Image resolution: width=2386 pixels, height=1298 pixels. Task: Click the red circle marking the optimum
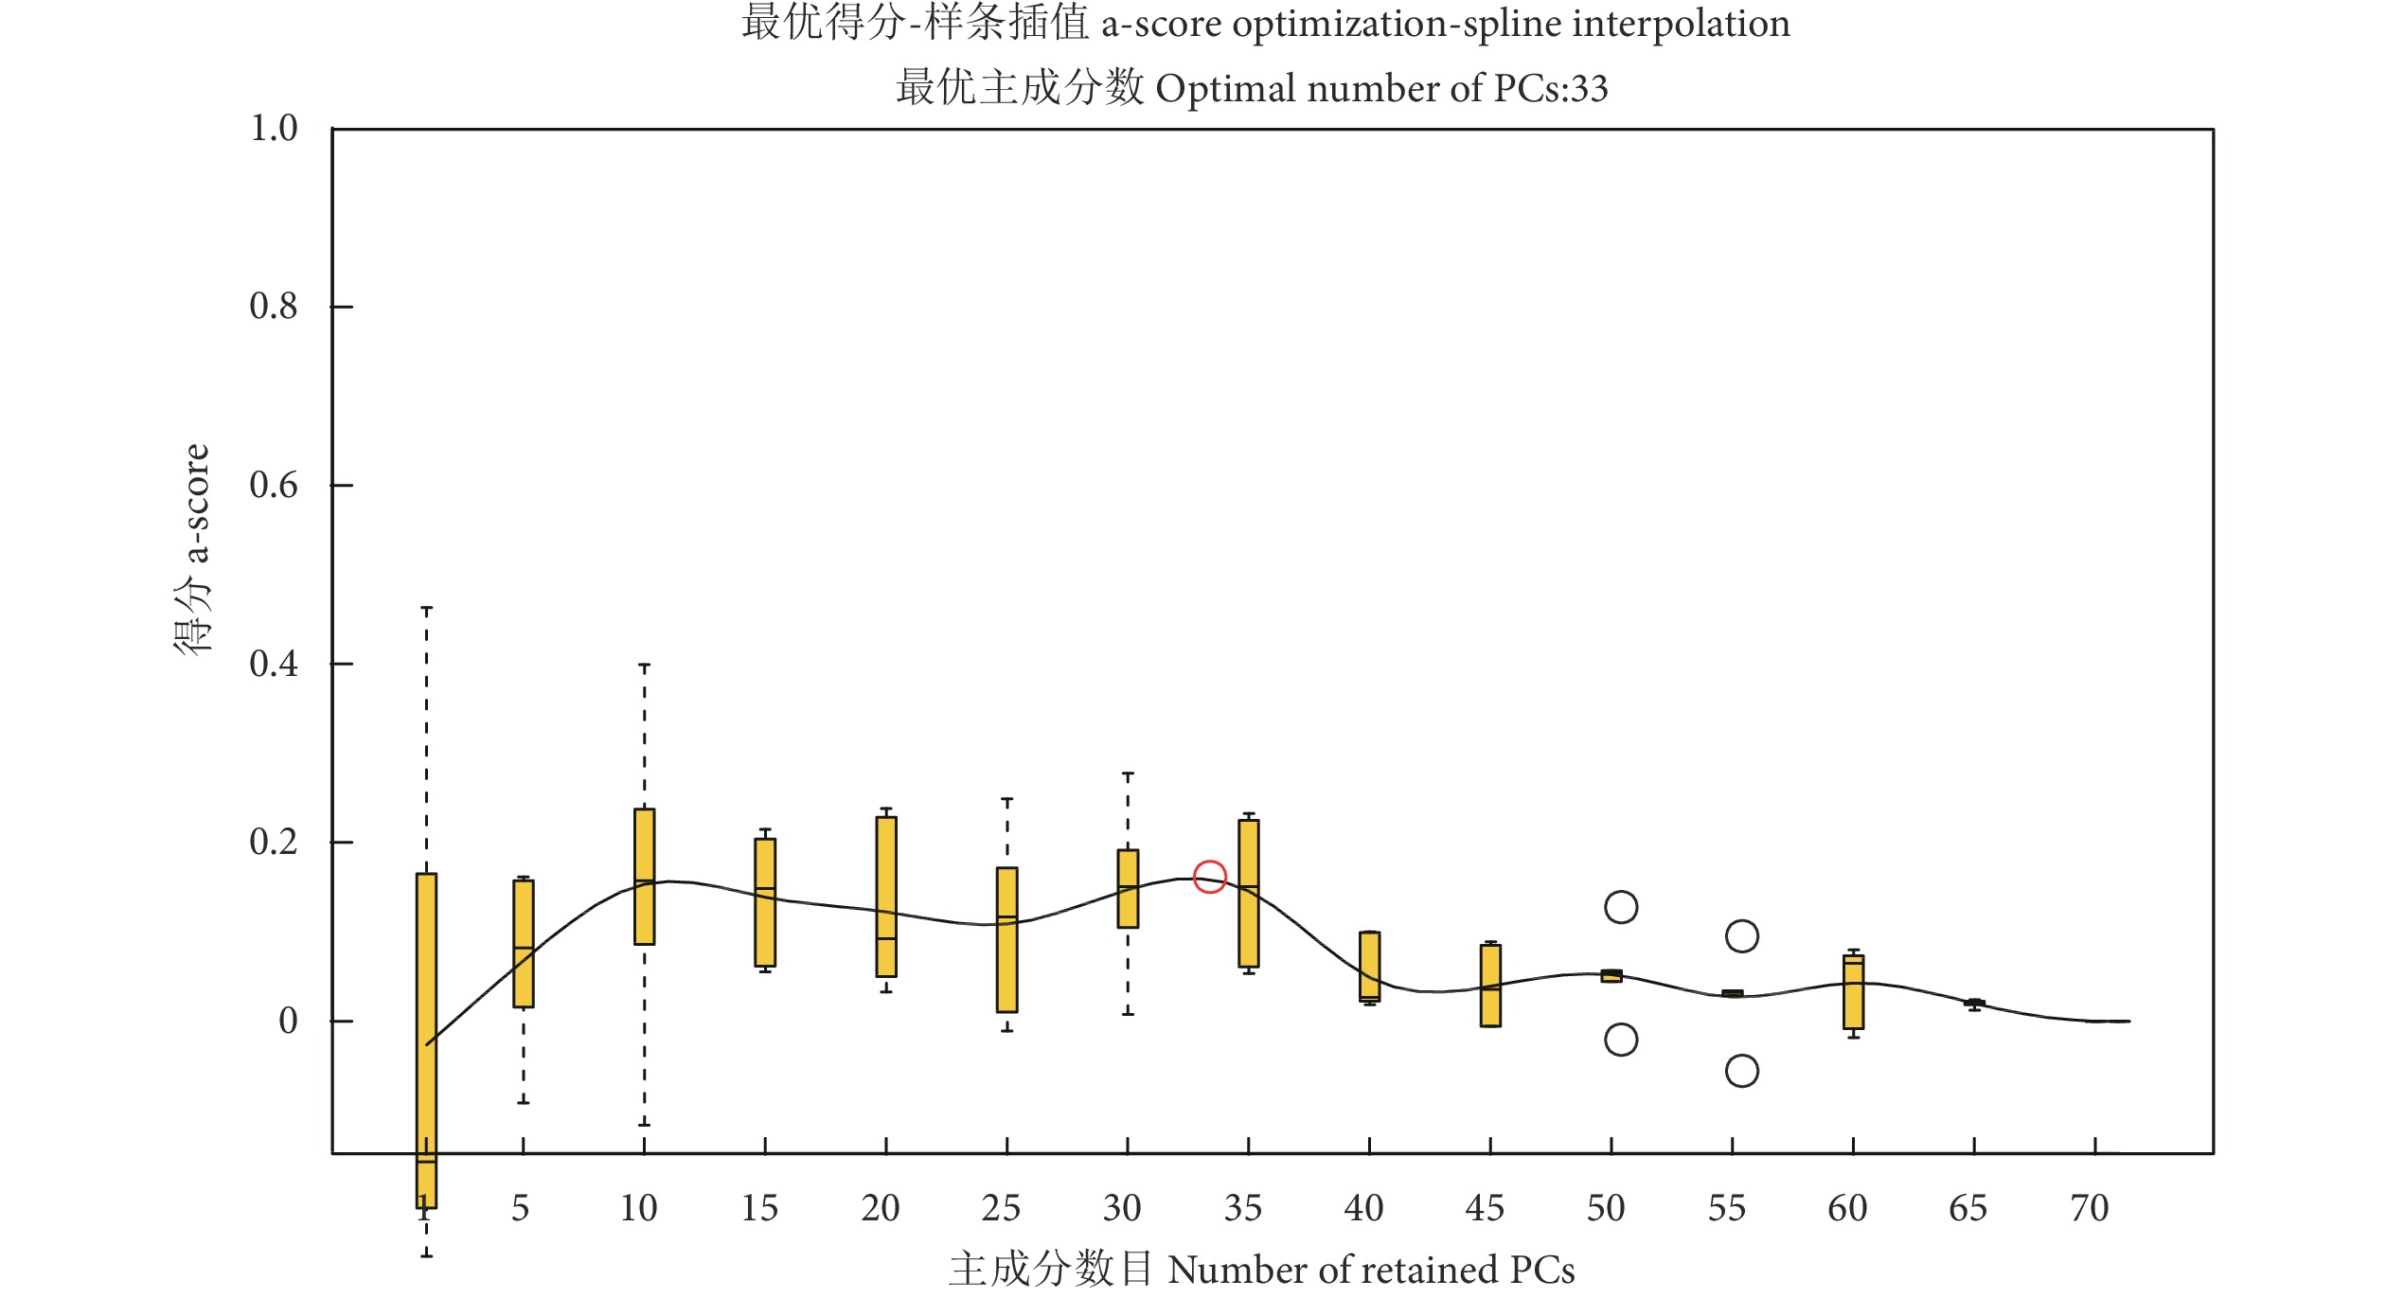(1210, 877)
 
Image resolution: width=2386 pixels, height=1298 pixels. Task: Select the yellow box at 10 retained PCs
(644, 877)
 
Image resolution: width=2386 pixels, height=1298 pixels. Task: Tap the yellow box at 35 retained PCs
(1249, 894)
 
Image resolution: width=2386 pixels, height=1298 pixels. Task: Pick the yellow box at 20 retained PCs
(886, 897)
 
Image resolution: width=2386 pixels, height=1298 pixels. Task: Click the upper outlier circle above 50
(1621, 907)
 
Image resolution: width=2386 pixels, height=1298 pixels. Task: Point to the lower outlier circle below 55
(1742, 1071)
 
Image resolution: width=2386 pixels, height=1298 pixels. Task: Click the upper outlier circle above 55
(1742, 936)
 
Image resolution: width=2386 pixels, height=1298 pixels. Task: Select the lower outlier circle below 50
(1621, 1040)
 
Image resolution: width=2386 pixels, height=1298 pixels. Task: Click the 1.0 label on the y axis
(274, 129)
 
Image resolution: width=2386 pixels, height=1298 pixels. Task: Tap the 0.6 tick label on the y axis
(274, 486)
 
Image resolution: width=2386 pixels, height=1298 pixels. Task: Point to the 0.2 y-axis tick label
(274, 843)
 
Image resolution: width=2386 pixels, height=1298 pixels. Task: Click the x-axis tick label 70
(2090, 1209)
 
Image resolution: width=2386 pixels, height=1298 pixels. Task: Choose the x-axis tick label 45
(1485, 1209)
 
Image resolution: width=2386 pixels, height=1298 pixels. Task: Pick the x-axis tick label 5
(521, 1209)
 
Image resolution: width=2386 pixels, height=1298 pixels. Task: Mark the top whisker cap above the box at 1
(426, 609)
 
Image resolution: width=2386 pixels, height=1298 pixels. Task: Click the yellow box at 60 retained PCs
(1853, 992)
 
